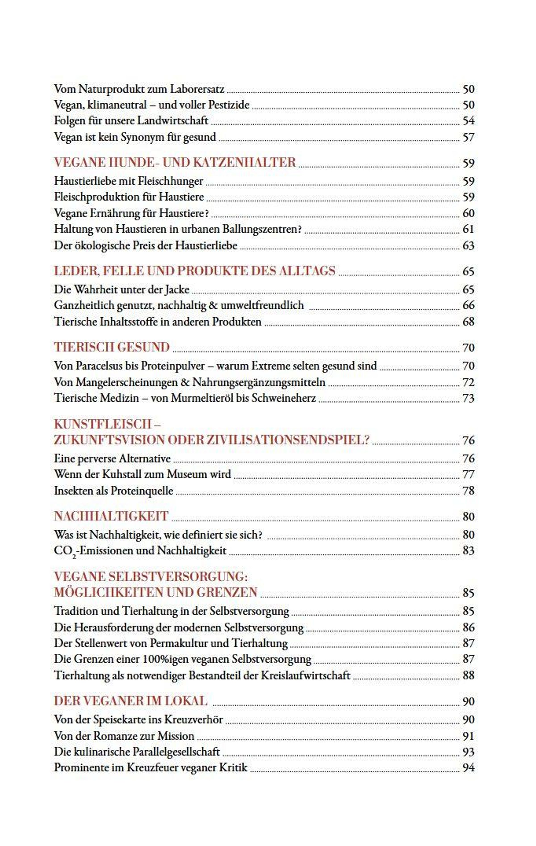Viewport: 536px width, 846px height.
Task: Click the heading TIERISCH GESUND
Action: (112, 347)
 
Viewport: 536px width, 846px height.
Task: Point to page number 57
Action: (468, 137)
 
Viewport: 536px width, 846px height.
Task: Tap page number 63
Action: (468, 245)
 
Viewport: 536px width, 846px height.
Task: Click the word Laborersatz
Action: (197, 89)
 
